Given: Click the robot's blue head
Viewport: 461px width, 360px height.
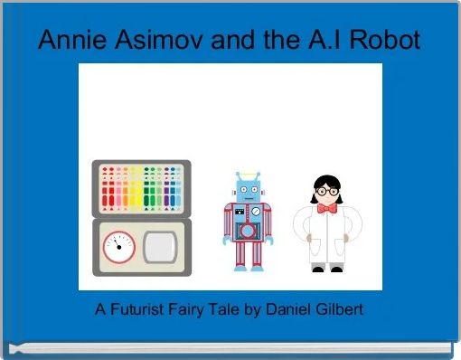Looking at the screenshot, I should point(246,191).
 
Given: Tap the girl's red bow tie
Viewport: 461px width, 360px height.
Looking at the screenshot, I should point(325,208).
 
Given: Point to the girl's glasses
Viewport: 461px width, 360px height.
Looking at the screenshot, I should point(325,194).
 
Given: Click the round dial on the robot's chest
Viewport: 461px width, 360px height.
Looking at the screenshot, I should point(256,213).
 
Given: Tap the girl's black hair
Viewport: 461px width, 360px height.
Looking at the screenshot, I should point(325,182).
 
